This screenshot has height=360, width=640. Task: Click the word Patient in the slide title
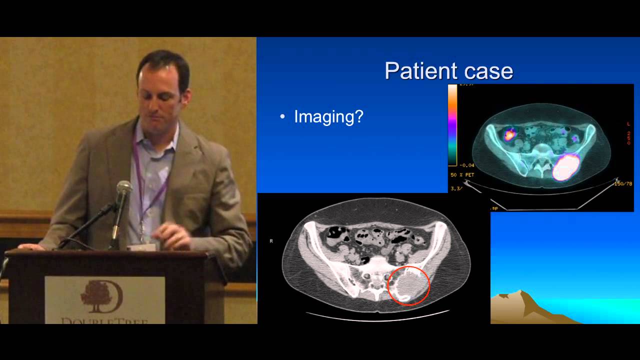point(417,71)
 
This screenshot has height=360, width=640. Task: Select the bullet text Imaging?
point(328,116)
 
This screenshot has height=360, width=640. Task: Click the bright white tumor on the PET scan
point(565,167)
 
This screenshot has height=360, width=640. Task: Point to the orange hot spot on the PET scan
point(510,133)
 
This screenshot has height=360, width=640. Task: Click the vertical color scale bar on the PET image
point(452,125)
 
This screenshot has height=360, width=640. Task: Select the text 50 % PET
point(462,175)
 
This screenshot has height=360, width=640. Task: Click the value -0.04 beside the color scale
point(467,165)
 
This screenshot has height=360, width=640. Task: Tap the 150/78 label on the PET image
point(622,183)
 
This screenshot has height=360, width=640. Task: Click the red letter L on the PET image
point(628,123)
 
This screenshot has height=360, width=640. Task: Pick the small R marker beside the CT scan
point(271,241)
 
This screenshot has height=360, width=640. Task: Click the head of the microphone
point(123,189)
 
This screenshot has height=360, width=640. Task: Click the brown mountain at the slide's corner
point(520,307)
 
